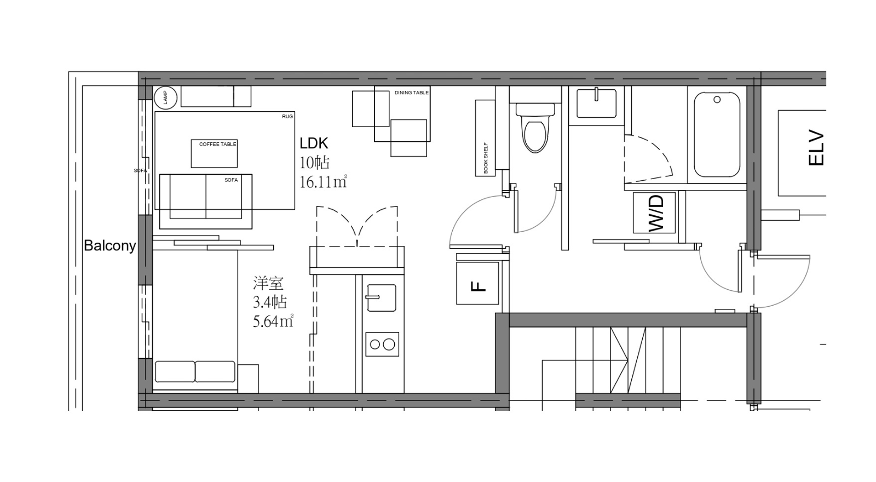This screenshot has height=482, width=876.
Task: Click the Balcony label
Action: (x=110, y=246)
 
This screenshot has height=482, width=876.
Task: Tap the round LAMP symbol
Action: (x=165, y=97)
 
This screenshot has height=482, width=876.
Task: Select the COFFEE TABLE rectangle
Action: (x=214, y=153)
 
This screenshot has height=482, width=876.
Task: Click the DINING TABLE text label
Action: (x=411, y=93)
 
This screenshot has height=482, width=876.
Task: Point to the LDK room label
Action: (x=314, y=144)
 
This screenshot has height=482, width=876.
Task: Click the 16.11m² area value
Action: (x=324, y=182)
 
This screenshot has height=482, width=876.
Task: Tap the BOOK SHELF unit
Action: (x=485, y=137)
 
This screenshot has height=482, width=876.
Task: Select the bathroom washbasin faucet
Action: (x=597, y=94)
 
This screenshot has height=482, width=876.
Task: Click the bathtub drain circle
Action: (x=717, y=99)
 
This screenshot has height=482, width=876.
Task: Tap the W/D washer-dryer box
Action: (x=654, y=213)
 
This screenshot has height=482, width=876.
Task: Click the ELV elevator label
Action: (x=816, y=148)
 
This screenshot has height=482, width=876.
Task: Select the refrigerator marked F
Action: (x=477, y=283)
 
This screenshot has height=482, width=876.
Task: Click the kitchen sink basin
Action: (x=381, y=298)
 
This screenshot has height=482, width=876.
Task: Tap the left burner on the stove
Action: (x=374, y=345)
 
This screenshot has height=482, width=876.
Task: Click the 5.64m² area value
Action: (x=273, y=321)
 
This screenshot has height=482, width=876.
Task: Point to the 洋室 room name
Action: (x=268, y=283)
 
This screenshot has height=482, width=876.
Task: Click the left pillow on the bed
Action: (x=175, y=371)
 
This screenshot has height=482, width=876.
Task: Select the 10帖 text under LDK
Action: (x=314, y=162)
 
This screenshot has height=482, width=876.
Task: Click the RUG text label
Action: (x=287, y=117)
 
